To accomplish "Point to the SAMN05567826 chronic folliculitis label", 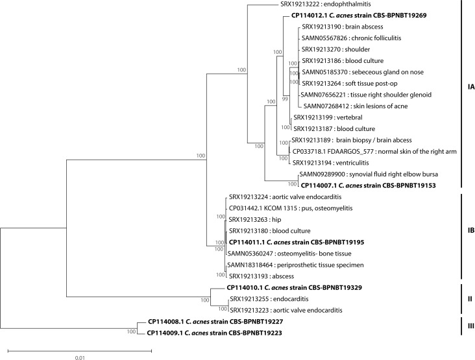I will [x=350, y=38].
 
